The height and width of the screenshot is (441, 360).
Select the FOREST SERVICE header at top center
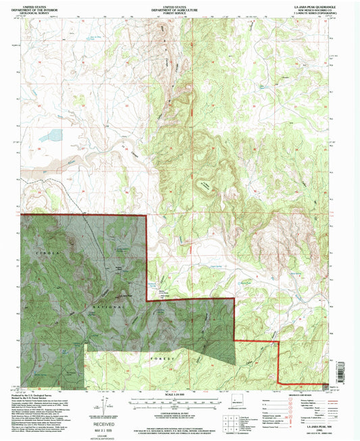pos(179,11)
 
